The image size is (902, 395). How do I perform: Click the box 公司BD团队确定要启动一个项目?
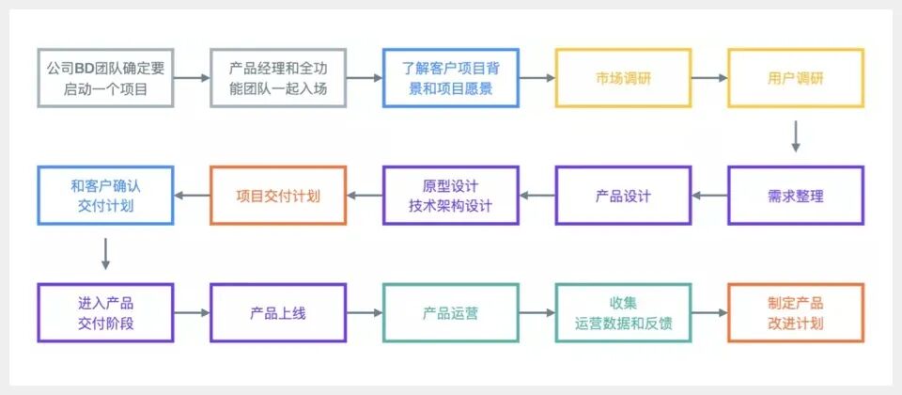(x=105, y=78)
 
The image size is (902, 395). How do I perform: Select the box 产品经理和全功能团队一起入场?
(x=277, y=78)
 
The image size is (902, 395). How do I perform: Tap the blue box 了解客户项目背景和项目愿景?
(x=450, y=78)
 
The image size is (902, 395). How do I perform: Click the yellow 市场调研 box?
(x=623, y=78)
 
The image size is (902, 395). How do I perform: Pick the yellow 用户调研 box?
(x=795, y=78)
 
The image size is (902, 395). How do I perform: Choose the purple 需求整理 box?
(x=795, y=196)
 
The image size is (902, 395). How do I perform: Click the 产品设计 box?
(x=623, y=196)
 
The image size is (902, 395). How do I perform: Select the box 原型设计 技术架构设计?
(x=450, y=196)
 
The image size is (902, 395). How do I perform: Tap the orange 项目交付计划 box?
(x=277, y=196)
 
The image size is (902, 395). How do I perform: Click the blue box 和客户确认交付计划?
(x=105, y=196)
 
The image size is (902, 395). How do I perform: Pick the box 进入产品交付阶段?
(x=105, y=312)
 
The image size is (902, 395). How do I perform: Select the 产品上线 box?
(x=277, y=312)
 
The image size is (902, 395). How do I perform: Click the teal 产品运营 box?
(x=450, y=312)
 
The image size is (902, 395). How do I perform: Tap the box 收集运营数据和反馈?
(x=623, y=312)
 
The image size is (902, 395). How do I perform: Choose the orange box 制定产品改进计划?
(x=795, y=312)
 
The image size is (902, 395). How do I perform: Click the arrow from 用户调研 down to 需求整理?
(x=795, y=136)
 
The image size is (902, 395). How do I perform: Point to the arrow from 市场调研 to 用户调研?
(x=708, y=78)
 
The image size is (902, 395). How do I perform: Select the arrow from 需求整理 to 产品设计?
(x=708, y=196)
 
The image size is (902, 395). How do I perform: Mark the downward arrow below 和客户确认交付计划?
(x=105, y=253)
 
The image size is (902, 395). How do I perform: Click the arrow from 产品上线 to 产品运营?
(x=364, y=312)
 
